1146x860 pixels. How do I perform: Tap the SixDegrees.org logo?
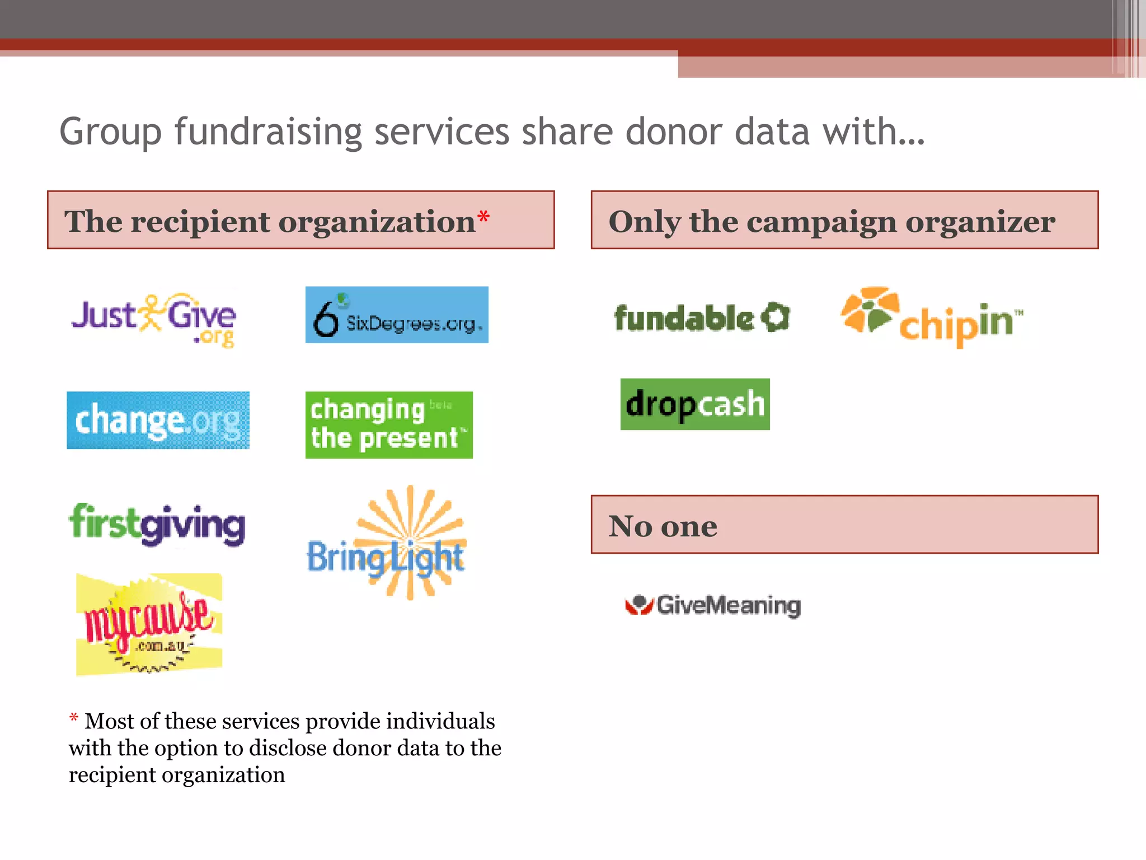click(x=397, y=315)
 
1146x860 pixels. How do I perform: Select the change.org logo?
click(x=158, y=420)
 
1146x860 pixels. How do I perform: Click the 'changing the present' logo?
click(x=389, y=425)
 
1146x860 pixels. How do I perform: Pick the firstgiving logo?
click(x=157, y=524)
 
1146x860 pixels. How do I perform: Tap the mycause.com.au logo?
click(x=149, y=624)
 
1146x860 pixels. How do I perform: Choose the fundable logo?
click(x=702, y=318)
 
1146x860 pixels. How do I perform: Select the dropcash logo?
click(x=695, y=404)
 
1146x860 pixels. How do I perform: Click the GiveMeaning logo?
click(x=713, y=605)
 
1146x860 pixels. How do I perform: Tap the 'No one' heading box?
click(x=844, y=525)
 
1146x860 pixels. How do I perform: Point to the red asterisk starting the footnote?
click(x=73, y=717)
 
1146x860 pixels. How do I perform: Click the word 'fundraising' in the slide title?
click(x=269, y=132)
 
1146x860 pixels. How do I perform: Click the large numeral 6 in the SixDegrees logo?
click(x=326, y=318)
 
